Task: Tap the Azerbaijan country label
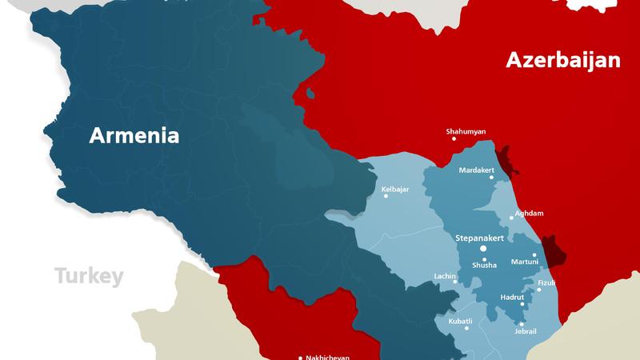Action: [x=562, y=60]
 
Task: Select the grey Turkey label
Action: [x=89, y=277]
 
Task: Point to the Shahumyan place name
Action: [x=465, y=131]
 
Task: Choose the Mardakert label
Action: [x=479, y=170]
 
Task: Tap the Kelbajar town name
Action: [x=396, y=189]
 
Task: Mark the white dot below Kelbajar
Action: [x=386, y=196]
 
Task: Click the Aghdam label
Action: [x=527, y=214]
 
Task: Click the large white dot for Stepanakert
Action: [x=482, y=249]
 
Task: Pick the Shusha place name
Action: [x=484, y=265]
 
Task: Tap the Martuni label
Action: [x=525, y=262]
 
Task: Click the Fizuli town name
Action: [x=546, y=283]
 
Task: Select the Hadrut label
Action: [x=511, y=297]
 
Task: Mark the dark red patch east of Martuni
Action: [x=553, y=250]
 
